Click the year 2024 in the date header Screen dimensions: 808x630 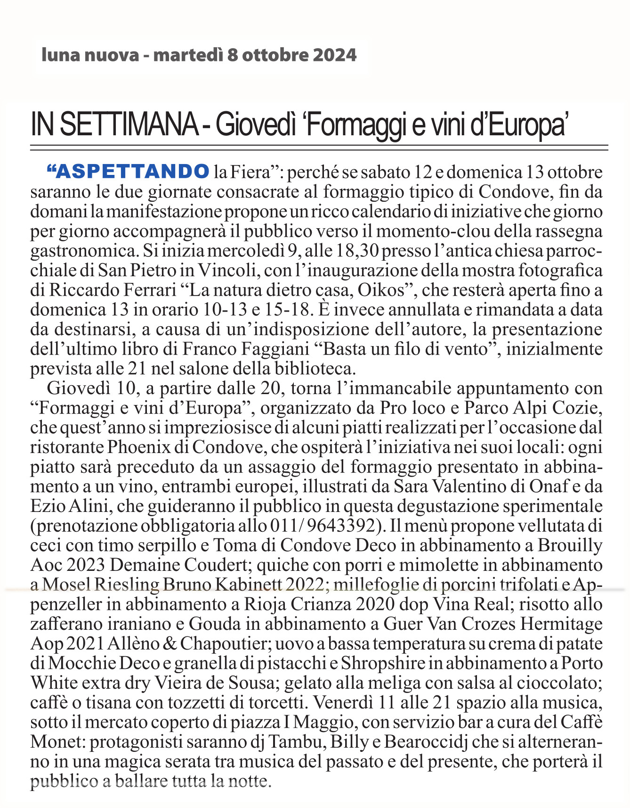click(335, 55)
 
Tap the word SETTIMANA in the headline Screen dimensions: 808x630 click(129, 124)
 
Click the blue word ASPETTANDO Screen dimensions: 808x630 click(133, 172)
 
